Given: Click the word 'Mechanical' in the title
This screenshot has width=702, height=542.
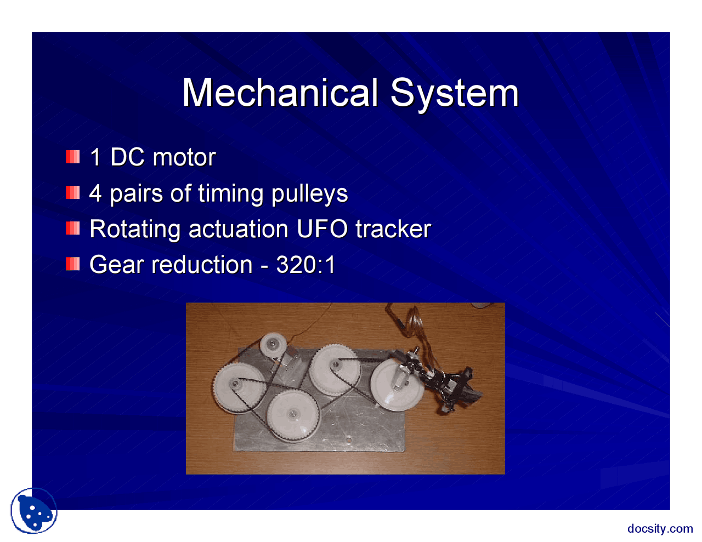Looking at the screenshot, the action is pos(280,93).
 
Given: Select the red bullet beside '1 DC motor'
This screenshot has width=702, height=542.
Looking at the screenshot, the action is pos(73,157).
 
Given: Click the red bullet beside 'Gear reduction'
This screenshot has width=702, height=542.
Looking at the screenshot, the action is pos(73,264).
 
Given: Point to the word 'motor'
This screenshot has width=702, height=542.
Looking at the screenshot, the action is pos(184,158).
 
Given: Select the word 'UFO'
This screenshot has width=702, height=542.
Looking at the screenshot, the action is pos(322,229).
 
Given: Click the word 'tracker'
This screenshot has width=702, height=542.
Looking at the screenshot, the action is pos(393,229).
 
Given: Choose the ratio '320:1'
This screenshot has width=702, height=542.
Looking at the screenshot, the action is pos(305,265).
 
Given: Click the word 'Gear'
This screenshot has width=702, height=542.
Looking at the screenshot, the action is pos(117,265).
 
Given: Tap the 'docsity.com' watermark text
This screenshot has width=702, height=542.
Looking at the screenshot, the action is pos(660,528).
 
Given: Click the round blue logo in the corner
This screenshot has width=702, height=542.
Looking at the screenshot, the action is pos(33,511).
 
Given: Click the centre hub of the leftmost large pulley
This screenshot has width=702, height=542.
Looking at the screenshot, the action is pos(235,384).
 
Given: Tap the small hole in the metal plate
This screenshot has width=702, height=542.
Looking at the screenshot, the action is pos(348,440).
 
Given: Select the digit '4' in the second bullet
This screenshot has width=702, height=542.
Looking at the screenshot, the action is pos(95,193).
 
